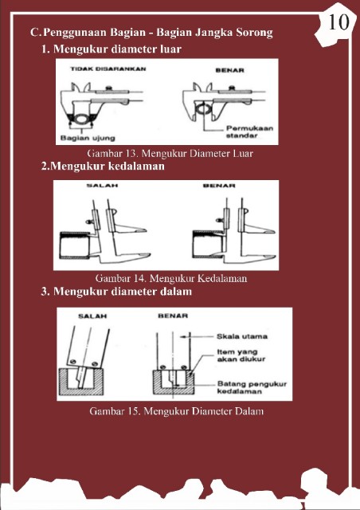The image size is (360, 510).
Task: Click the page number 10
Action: click(338, 22)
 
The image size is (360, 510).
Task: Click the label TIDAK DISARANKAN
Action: click(108, 69)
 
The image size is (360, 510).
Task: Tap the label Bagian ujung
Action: click(88, 138)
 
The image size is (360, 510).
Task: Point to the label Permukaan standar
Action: click(250, 131)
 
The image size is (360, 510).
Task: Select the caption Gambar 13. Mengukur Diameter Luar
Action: click(170, 153)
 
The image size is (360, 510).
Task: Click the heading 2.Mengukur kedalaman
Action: click(103, 167)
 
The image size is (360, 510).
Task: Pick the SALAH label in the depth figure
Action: click(102, 186)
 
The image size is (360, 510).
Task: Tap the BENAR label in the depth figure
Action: click(219, 186)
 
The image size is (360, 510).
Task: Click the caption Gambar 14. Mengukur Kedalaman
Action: click(171, 278)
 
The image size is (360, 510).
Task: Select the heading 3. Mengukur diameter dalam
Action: click(116, 291)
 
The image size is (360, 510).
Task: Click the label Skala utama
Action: click(242, 336)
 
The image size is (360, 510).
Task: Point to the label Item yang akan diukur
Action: click(241, 355)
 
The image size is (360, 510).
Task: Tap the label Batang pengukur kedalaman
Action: click(252, 387)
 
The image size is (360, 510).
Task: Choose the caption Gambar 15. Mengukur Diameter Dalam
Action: click(176, 411)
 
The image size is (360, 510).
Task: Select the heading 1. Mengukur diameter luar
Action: click(112, 49)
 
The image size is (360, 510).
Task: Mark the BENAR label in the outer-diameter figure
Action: click(229, 70)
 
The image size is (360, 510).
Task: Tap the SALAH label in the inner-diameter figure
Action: click(92, 316)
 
